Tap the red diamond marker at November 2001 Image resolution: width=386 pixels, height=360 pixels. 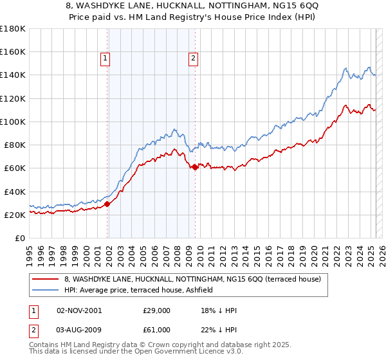click(x=107, y=204)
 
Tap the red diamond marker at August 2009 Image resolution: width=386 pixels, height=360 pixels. click(x=195, y=167)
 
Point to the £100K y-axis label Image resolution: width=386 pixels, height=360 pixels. click(x=13, y=122)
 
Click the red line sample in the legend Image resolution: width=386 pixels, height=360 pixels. click(x=46, y=279)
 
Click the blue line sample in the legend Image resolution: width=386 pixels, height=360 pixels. click(x=46, y=290)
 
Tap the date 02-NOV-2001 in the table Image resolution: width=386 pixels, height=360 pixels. click(x=80, y=310)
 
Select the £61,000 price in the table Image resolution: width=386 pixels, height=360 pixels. click(x=156, y=330)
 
